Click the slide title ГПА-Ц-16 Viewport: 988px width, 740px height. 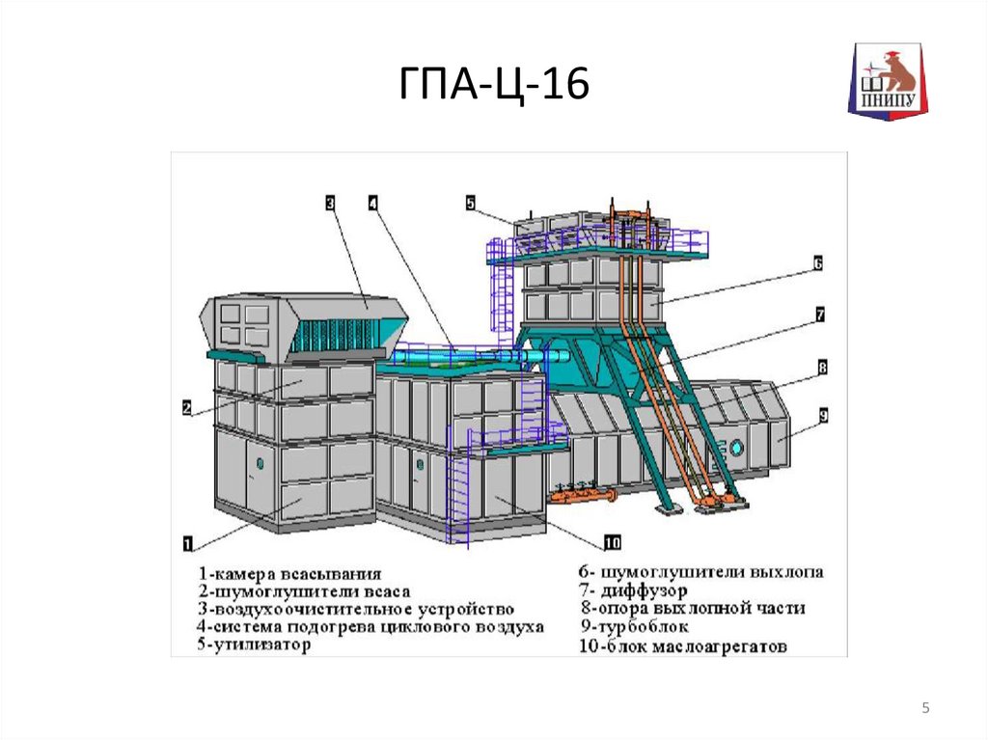[x=494, y=84]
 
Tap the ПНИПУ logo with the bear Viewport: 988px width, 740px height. [x=888, y=81]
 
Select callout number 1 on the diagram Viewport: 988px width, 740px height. [x=188, y=543]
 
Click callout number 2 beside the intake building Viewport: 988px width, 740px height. [x=187, y=408]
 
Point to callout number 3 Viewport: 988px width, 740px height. [x=330, y=203]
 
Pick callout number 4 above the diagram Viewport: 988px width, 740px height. [x=373, y=203]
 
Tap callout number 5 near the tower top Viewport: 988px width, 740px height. [x=471, y=203]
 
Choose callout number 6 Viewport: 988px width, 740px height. [x=818, y=262]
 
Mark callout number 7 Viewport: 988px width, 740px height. [x=820, y=315]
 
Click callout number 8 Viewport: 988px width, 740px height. [x=822, y=367]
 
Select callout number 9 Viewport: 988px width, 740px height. [x=824, y=416]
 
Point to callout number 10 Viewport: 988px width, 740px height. [x=613, y=542]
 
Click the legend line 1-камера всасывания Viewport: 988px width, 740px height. [x=290, y=574]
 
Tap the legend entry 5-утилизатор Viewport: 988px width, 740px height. [x=254, y=644]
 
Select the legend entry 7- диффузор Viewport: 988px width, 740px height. [x=633, y=590]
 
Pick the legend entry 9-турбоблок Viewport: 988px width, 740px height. [x=635, y=627]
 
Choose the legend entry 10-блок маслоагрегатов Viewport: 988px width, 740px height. [x=683, y=646]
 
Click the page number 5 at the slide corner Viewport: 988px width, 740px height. [x=925, y=708]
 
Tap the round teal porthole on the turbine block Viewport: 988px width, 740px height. [x=735, y=449]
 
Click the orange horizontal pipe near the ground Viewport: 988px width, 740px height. [x=582, y=496]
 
